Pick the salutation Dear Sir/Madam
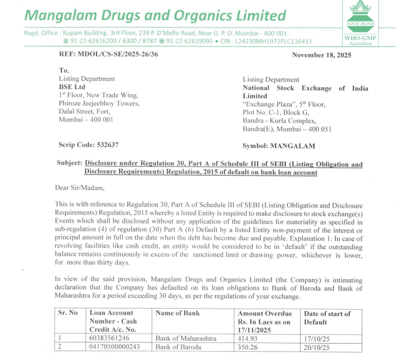(80, 187)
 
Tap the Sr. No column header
(68, 313)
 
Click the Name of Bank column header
(177, 313)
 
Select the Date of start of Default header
(327, 317)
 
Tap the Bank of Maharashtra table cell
(185, 337)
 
